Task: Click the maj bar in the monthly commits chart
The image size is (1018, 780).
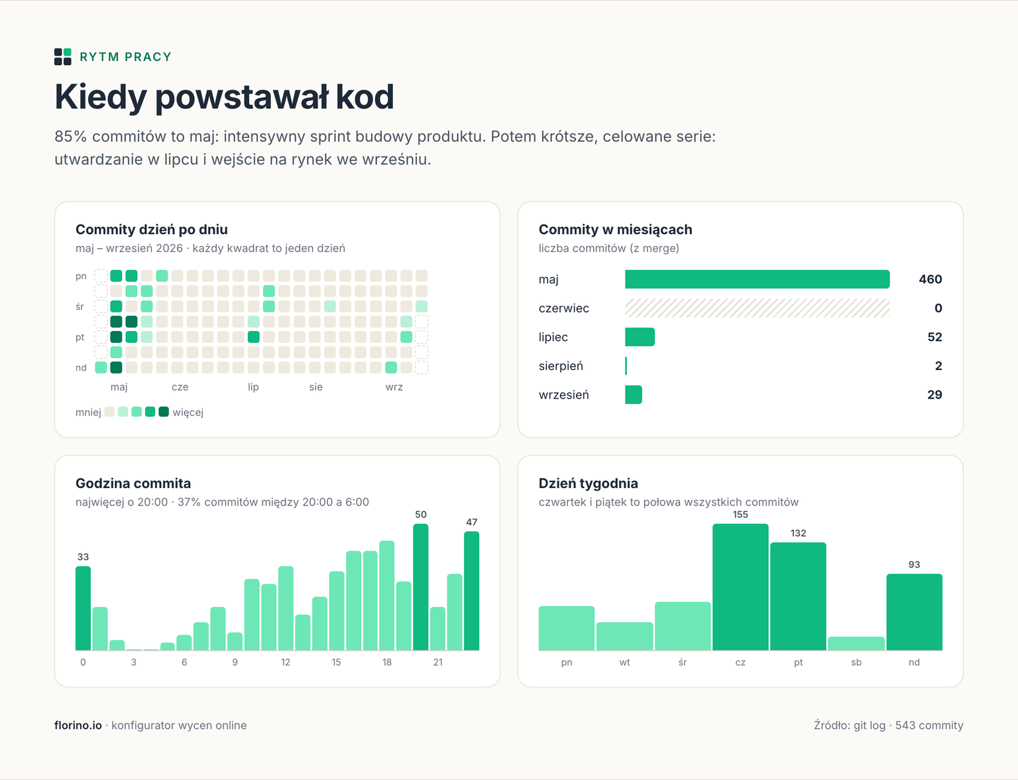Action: pos(757,279)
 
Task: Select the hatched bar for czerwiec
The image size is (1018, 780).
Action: pos(757,308)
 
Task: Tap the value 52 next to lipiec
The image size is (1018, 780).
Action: pos(934,337)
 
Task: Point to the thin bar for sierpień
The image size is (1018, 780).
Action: pos(626,365)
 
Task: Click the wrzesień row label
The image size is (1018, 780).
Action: pos(563,395)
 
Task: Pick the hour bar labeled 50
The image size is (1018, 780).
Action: pos(420,587)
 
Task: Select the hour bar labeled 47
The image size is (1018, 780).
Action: pos(471,590)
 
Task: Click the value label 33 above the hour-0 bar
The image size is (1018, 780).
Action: pos(83,557)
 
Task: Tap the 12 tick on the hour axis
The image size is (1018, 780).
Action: pos(285,662)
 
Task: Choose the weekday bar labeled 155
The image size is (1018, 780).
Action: pos(740,587)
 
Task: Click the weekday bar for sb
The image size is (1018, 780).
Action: pos(856,643)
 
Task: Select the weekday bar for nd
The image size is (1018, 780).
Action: pos(914,612)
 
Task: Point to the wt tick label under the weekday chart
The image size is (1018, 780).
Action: pos(624,662)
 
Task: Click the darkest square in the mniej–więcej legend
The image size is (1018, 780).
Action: pos(164,412)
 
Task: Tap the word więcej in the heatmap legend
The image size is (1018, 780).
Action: pos(188,413)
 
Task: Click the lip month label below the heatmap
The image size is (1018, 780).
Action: pos(253,387)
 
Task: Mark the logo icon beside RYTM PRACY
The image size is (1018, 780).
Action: pos(63,57)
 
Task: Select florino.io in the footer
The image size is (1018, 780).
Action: pos(78,725)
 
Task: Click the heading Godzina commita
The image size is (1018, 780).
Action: pos(133,483)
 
